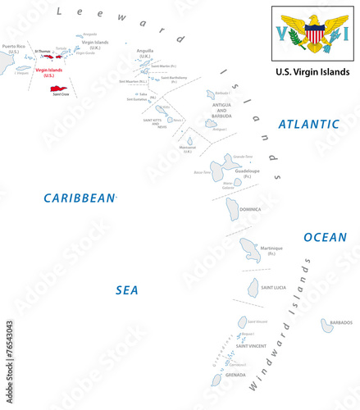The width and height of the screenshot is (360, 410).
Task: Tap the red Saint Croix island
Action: tap(60, 89)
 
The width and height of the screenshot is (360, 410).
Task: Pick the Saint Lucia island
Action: tap(254, 287)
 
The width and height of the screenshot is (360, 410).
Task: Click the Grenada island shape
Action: tap(216, 380)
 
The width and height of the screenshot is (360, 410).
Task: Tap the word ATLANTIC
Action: tap(308, 124)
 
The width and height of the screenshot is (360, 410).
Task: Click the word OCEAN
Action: tap(325, 237)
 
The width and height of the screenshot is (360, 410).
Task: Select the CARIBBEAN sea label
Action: tap(80, 198)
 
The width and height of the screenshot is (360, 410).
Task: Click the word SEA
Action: tap(126, 289)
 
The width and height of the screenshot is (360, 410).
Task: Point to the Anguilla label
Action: tap(145, 52)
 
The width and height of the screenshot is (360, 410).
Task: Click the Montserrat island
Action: tap(190, 141)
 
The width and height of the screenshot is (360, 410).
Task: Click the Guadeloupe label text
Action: tap(248, 172)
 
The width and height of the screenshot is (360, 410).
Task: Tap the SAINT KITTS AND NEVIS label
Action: tap(154, 123)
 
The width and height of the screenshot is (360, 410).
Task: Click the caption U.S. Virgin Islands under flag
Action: tap(314, 72)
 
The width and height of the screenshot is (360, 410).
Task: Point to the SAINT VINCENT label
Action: tap(251, 346)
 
